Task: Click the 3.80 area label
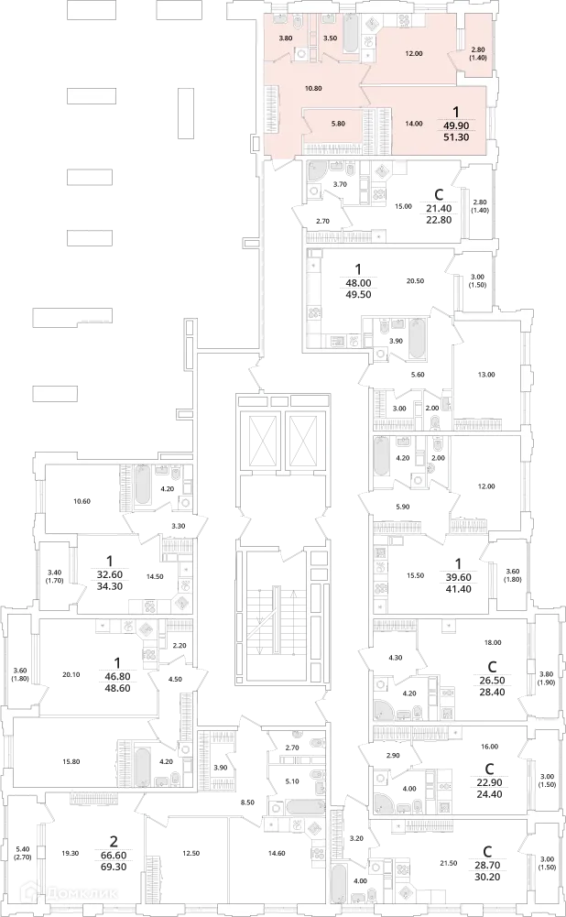[285, 38]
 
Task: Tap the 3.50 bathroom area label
[331, 38]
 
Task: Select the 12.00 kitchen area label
[414, 54]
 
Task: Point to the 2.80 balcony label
[478, 49]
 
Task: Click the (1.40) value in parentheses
[478, 59]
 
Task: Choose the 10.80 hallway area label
[312, 89]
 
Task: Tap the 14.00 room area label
[414, 124]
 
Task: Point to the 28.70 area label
[484, 863]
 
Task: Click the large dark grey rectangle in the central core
[275, 631]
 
